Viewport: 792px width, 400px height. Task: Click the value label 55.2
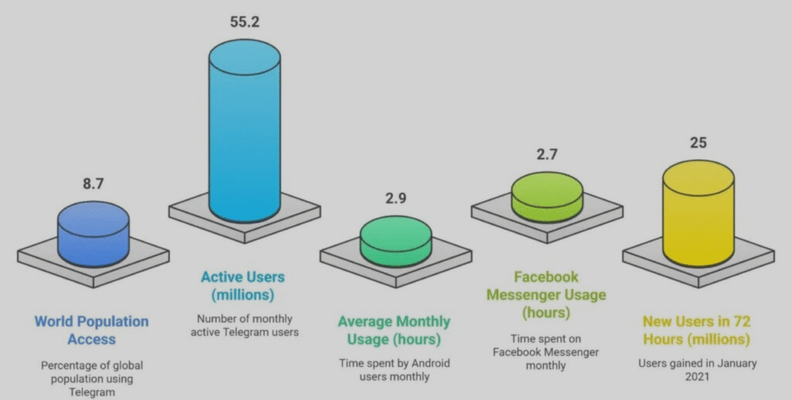(x=244, y=21)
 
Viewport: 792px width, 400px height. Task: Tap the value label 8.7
(x=94, y=184)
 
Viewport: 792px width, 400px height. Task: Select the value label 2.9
(x=396, y=198)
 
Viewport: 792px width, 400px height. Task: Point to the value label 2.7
(x=548, y=154)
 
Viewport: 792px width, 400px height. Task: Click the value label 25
(x=698, y=142)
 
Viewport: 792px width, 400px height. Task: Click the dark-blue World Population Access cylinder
(x=94, y=232)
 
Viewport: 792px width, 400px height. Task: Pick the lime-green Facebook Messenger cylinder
(x=548, y=197)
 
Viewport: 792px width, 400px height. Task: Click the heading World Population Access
(x=91, y=330)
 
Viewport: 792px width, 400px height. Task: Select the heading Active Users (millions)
(x=243, y=285)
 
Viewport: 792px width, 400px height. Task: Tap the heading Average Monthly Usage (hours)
(x=394, y=330)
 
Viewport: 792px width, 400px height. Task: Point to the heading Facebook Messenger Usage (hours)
(x=548, y=295)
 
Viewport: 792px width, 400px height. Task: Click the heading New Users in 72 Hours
(x=697, y=330)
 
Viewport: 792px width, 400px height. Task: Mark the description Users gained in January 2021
(x=697, y=371)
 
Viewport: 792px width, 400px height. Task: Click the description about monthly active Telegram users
(x=247, y=325)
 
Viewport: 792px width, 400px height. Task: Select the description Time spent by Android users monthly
(x=394, y=370)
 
